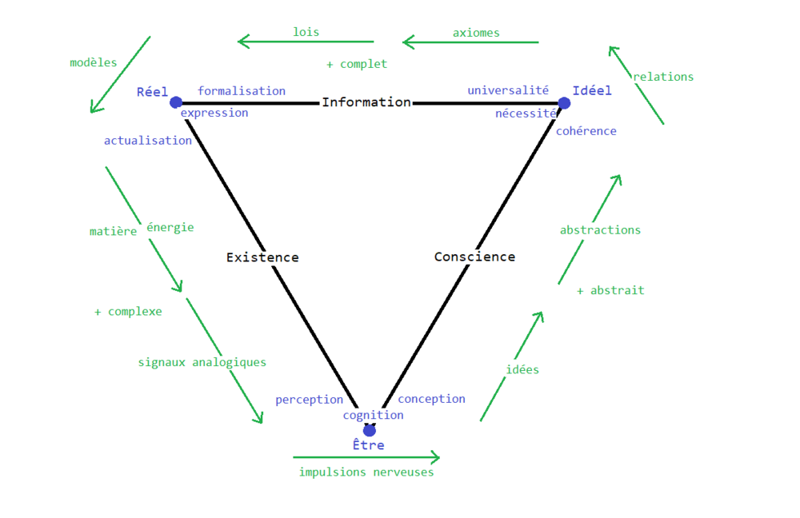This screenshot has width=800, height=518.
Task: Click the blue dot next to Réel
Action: [x=176, y=102]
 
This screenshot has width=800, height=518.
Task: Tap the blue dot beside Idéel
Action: [x=564, y=103]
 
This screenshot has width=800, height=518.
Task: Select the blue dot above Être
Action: [x=369, y=430]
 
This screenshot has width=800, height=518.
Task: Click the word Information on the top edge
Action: [x=366, y=102]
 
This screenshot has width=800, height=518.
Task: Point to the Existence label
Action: [x=262, y=257]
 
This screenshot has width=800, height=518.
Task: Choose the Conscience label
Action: [x=474, y=257]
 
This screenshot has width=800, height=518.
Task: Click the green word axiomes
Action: [x=476, y=33]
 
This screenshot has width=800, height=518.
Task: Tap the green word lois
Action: [x=306, y=32]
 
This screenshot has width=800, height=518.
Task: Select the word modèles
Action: [x=94, y=62]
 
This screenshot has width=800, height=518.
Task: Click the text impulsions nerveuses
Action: [x=366, y=472]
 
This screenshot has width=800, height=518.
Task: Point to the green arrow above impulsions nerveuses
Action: [x=366, y=457]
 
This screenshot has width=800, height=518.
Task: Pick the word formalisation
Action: [x=242, y=91]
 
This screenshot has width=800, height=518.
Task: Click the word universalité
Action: [x=508, y=91]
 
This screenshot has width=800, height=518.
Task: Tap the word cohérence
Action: [x=586, y=131]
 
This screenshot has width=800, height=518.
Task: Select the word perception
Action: [x=309, y=400]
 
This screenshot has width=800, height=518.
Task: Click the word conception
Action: [x=431, y=399]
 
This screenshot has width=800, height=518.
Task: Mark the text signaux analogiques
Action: [x=202, y=362]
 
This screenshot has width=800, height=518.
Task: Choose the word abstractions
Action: [x=600, y=230]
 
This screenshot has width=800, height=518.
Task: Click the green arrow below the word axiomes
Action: [x=470, y=42]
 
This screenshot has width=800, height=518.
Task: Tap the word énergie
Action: [x=170, y=227]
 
